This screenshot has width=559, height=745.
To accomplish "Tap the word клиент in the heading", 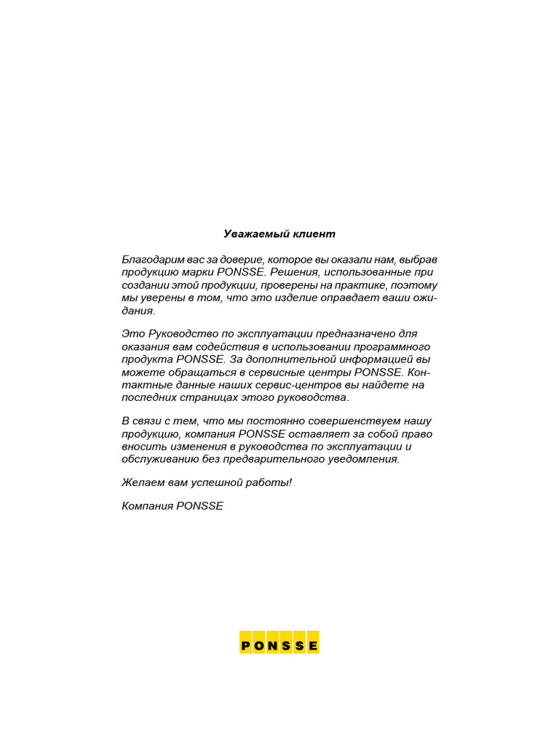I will (x=314, y=234).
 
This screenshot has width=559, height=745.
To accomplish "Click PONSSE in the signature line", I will (x=199, y=506).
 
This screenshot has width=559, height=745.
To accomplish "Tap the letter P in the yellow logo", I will (x=246, y=645).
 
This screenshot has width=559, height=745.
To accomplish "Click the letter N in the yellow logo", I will (x=272, y=645).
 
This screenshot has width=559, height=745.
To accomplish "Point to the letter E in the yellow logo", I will (x=312, y=645).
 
